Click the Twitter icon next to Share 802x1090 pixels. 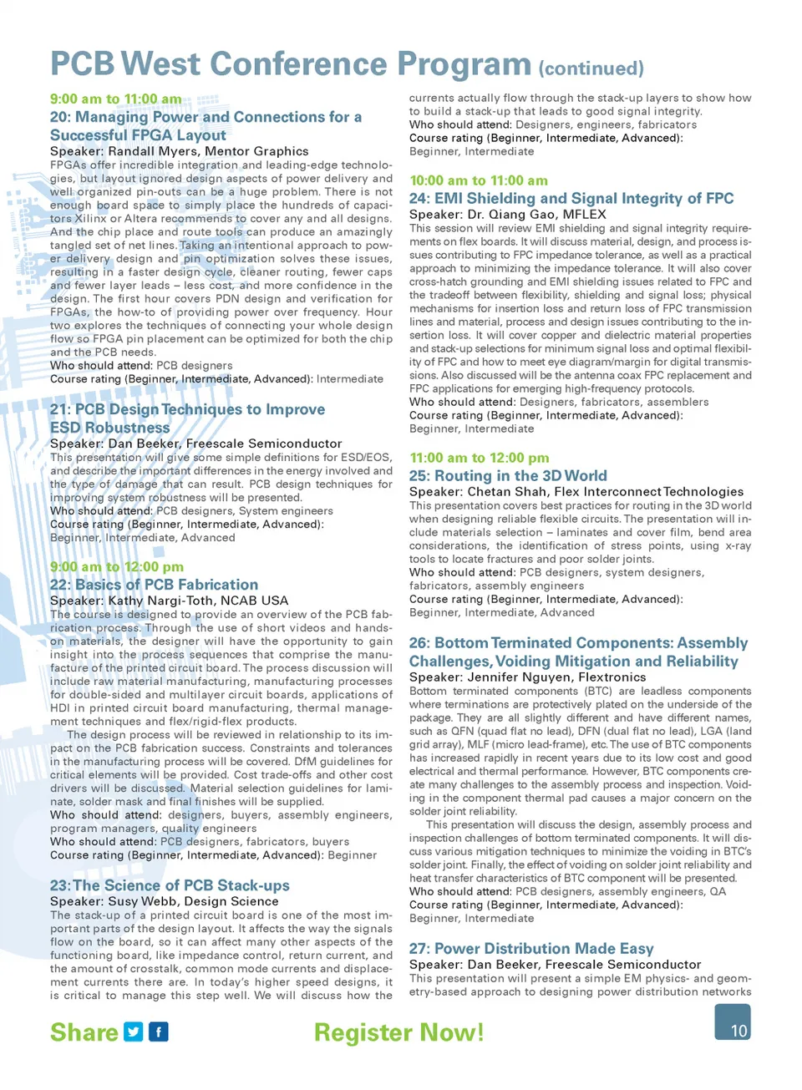(x=134, y=1032)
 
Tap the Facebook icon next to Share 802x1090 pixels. (x=159, y=1032)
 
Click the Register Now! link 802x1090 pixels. (x=398, y=1033)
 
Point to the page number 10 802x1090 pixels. (x=739, y=1031)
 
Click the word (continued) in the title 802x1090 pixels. (x=591, y=68)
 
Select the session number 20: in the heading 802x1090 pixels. (x=61, y=117)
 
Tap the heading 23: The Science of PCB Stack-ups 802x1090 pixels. (x=170, y=885)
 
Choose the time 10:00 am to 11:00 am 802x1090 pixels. (x=479, y=180)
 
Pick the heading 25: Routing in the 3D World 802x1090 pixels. (x=508, y=476)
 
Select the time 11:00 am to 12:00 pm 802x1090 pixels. (x=480, y=458)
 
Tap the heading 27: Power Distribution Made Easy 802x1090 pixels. (x=531, y=949)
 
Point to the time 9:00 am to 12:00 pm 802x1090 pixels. (x=117, y=566)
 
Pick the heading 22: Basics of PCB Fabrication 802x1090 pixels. (x=155, y=585)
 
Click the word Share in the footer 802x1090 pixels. (x=84, y=1033)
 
